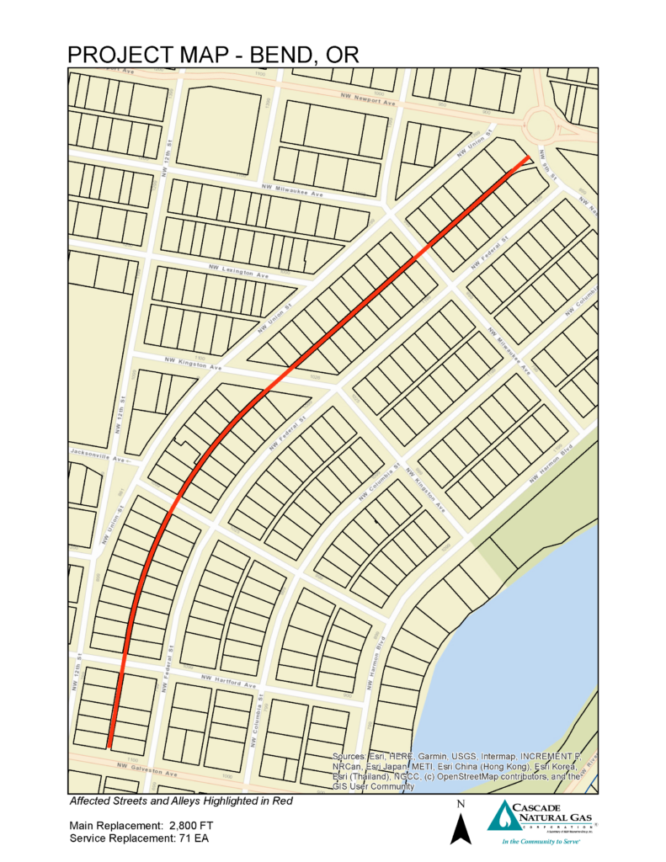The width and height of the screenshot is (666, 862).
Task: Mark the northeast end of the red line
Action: [x=528, y=157]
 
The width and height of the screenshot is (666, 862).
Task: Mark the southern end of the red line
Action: [x=109, y=745]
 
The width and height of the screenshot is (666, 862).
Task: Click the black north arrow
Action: [x=459, y=828]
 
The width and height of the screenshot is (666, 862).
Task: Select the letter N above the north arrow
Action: [x=459, y=804]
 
